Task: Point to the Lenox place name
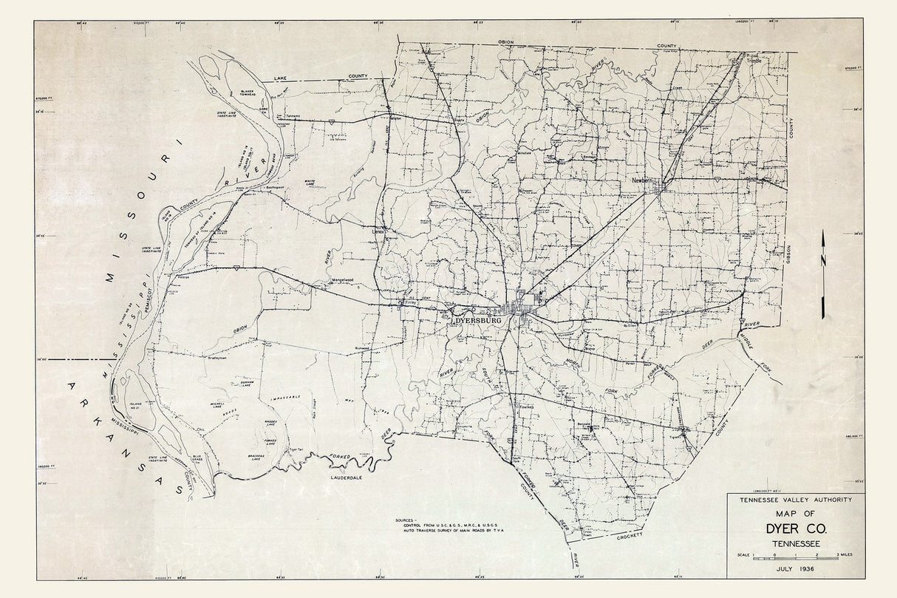(x=379, y=230)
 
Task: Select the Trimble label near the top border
(x=754, y=61)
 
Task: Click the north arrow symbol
(x=822, y=273)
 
